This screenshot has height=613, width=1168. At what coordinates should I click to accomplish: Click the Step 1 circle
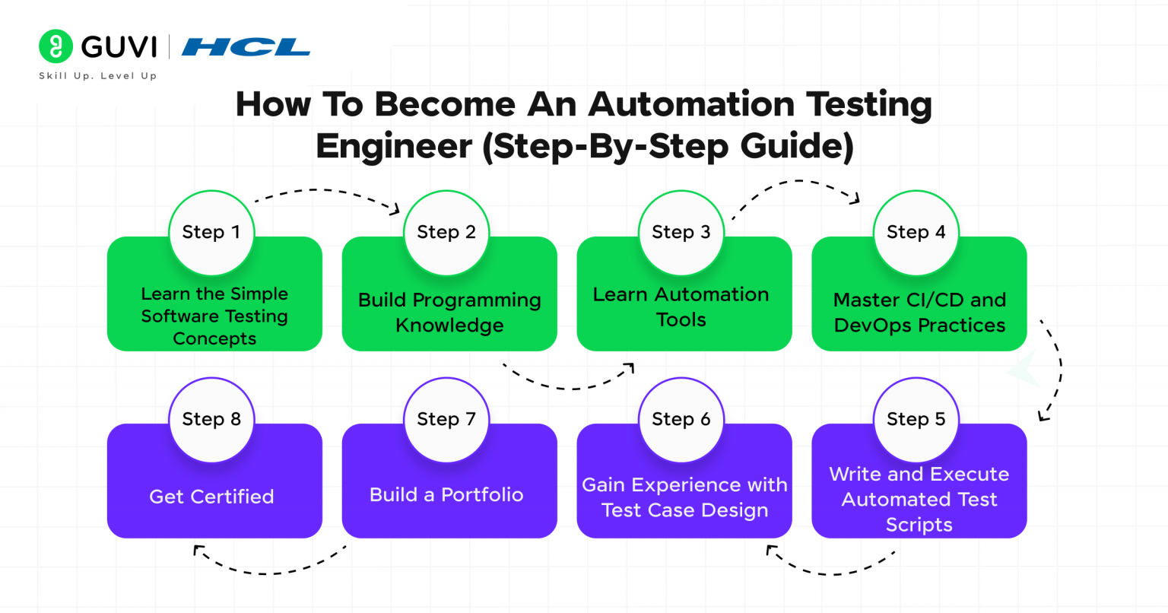pyautogui.click(x=211, y=233)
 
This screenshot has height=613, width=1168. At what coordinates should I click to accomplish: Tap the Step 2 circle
pyautogui.click(x=446, y=233)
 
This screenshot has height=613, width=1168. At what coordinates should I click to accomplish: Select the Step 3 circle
pyautogui.click(x=681, y=233)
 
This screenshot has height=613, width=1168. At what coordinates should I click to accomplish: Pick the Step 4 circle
pyautogui.click(x=916, y=233)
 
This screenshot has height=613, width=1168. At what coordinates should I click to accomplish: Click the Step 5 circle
pyautogui.click(x=916, y=420)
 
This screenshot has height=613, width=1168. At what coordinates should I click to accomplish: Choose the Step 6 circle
pyautogui.click(x=681, y=420)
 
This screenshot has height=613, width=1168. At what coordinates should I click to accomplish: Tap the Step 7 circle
pyautogui.click(x=446, y=420)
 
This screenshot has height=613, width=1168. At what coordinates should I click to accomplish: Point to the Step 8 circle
pyautogui.click(x=211, y=420)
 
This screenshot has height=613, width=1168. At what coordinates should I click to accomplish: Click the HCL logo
pyautogui.click(x=246, y=48)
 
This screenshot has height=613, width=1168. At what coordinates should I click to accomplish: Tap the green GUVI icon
pyautogui.click(x=56, y=47)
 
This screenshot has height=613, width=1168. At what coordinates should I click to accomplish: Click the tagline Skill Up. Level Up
pyautogui.click(x=98, y=76)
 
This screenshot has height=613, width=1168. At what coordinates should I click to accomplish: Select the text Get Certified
pyautogui.click(x=211, y=497)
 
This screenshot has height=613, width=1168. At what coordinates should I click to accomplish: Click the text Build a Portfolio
pyautogui.click(x=446, y=495)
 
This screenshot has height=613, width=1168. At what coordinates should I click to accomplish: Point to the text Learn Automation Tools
pyautogui.click(x=681, y=307)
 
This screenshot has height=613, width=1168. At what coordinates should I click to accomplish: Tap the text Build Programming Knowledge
pyautogui.click(x=449, y=313)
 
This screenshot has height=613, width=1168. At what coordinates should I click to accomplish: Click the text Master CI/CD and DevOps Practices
pyautogui.click(x=919, y=313)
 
